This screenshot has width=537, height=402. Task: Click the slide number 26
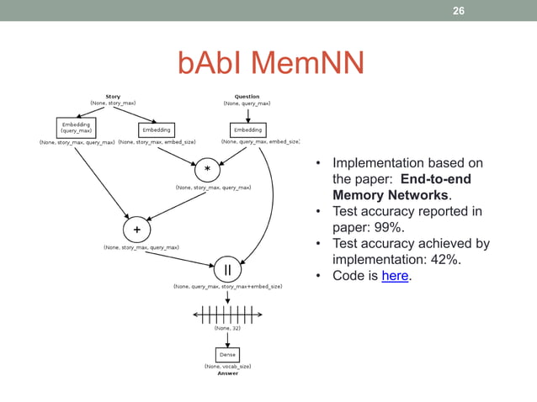(x=459, y=11)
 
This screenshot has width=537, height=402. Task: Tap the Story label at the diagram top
(x=113, y=96)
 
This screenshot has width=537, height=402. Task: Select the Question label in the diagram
(x=247, y=96)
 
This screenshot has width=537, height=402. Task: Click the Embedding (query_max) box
(x=76, y=127)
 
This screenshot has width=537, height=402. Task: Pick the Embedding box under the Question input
(x=247, y=130)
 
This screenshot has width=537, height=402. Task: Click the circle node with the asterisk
(x=206, y=169)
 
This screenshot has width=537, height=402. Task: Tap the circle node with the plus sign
(x=136, y=229)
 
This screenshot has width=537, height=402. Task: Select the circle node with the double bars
(x=227, y=270)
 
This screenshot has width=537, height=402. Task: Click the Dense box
(x=227, y=355)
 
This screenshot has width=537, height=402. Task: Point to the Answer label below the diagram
(x=227, y=373)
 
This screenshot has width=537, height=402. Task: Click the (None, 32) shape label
(x=227, y=329)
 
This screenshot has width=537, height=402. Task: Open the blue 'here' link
(x=395, y=276)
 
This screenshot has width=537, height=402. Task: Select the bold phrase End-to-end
(x=435, y=179)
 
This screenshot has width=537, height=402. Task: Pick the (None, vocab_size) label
(x=227, y=367)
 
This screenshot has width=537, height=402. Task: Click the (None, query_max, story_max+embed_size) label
(x=227, y=287)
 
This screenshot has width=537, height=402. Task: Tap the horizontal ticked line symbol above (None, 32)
(x=227, y=315)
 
